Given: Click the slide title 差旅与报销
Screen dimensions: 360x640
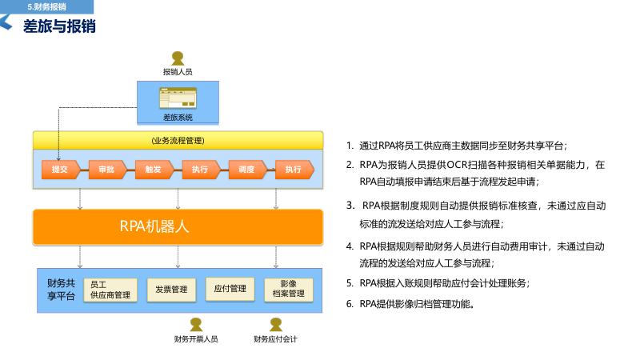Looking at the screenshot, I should (x=59, y=26).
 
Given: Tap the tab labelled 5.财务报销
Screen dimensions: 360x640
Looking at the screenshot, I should (x=46, y=6).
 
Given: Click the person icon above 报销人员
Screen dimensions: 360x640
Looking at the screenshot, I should (x=178, y=58).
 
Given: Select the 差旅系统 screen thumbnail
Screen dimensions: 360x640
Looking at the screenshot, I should (x=178, y=99).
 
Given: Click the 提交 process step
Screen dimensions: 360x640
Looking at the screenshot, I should (x=60, y=169).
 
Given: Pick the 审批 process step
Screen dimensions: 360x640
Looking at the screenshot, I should (x=106, y=169).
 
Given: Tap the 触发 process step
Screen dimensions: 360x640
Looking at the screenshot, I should (x=153, y=169).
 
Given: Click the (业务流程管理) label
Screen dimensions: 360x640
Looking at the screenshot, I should (x=178, y=140).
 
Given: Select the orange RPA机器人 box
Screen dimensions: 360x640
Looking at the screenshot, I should (x=178, y=226).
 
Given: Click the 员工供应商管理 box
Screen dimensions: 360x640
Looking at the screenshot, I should (x=110, y=290).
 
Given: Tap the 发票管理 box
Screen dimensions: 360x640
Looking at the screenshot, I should (x=171, y=289).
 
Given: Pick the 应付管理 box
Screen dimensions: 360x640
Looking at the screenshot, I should (x=230, y=289).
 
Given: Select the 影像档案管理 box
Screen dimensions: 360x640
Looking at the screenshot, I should (x=289, y=289).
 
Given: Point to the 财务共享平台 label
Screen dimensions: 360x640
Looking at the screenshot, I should (x=62, y=289).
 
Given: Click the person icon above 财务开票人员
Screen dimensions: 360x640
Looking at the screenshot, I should (x=196, y=324).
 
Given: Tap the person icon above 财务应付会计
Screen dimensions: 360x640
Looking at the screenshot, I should (x=276, y=324).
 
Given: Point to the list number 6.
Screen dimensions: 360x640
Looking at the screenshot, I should (x=350, y=303).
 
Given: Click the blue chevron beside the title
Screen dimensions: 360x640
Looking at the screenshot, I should (x=6, y=25).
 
